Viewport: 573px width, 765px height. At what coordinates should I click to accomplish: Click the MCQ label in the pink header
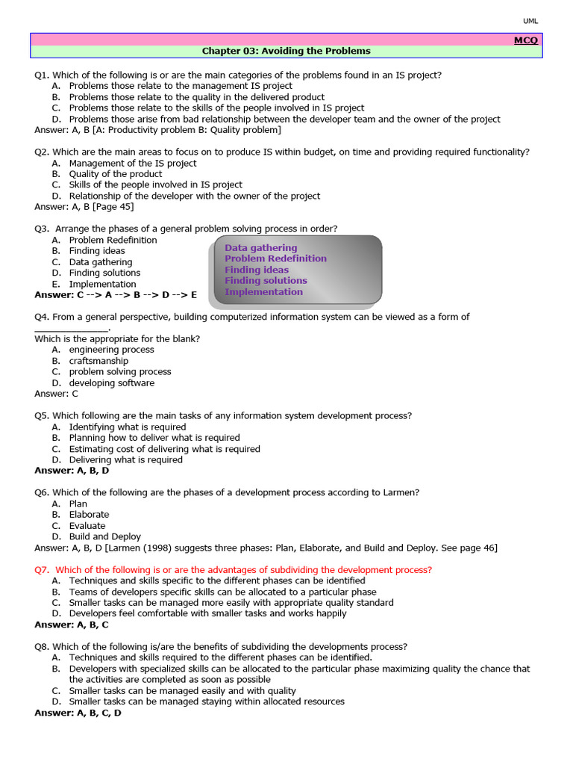coord(525,40)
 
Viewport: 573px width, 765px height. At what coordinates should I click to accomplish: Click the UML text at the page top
coord(530,21)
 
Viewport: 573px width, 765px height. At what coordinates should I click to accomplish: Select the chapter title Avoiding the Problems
coord(286,52)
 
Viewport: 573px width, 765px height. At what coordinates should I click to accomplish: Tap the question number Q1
coord(42,75)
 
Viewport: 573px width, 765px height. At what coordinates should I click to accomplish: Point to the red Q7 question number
coord(43,569)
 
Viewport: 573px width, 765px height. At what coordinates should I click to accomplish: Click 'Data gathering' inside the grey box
coord(260,247)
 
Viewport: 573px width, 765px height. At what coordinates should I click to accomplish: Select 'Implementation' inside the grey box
coord(263,291)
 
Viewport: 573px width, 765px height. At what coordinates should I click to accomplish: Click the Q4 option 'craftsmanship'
coord(98,361)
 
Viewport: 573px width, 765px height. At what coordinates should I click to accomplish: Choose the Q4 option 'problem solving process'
coord(120,371)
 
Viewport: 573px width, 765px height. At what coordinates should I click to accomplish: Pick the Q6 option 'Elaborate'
coord(89,515)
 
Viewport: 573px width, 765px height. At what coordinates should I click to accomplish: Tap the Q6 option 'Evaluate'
coord(87,525)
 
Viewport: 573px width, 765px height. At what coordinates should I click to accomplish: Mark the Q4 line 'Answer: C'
coord(56,394)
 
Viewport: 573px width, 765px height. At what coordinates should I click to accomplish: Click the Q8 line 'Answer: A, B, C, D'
coord(78,713)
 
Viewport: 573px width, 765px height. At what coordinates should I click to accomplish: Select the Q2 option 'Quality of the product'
coord(116,174)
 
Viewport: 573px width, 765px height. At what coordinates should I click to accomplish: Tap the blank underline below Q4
coord(72,328)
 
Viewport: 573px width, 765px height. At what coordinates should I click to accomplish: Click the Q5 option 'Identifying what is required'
coord(128,427)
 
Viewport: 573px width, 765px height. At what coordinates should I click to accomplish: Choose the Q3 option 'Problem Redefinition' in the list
coord(113,240)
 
